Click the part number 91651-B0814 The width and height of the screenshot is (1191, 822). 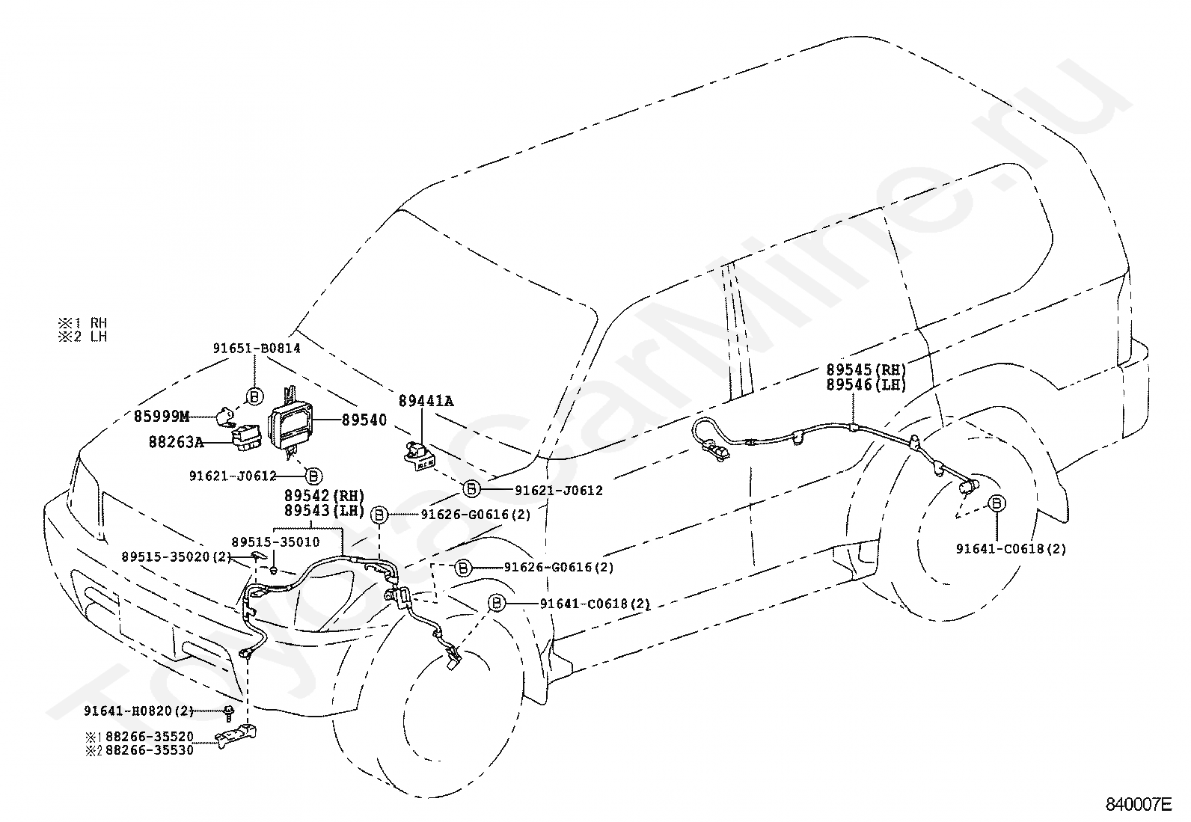coord(257,349)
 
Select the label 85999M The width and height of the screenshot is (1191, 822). coord(161,417)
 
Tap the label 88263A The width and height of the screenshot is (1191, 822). coord(176,442)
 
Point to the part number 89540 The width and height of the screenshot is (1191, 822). coord(364,420)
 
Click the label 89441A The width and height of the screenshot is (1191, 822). coord(426,401)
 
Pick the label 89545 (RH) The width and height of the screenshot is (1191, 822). coord(866,369)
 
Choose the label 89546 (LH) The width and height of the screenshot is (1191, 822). coord(866,384)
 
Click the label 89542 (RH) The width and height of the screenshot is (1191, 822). coord(325,496)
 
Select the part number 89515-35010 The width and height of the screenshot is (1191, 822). coord(275,542)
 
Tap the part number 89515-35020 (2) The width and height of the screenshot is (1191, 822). coord(177,556)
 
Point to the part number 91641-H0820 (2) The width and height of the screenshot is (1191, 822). coord(138,711)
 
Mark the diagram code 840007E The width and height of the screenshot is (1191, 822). coord(1139,805)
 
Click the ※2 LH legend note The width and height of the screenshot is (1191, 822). coord(82,337)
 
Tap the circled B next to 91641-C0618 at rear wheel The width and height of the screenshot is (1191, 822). coord(996,503)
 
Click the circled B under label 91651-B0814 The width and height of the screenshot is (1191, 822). coord(254,396)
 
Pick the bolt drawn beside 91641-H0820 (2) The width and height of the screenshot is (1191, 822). coord(229,714)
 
